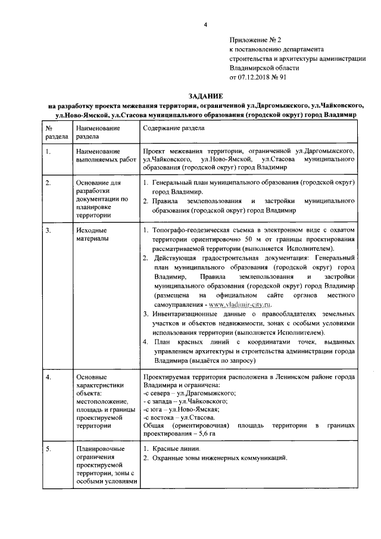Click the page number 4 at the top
coord(204,24)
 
